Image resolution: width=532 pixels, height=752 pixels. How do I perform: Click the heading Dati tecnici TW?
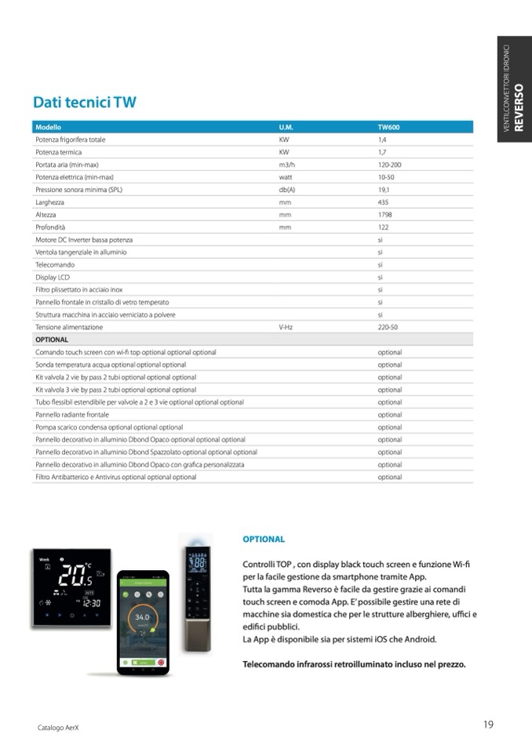pos(85,103)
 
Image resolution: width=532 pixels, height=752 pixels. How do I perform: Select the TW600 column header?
pos(389,126)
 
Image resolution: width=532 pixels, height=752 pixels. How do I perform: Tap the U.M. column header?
pos(286,126)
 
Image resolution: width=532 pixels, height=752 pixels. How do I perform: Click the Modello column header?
pos(49,126)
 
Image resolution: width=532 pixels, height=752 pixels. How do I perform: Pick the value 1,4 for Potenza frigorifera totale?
pos(382,140)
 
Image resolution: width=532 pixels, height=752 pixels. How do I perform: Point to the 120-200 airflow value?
pos(389,165)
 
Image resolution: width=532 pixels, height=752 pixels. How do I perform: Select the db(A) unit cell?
pos(286,190)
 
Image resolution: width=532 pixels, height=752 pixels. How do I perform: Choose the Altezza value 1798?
pos(384,214)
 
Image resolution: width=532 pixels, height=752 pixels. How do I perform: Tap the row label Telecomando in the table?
pos(55,264)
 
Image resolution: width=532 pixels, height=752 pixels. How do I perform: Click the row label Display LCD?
pos(53,277)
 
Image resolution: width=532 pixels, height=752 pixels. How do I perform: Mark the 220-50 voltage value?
pos(388,327)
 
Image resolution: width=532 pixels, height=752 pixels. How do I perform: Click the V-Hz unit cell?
pos(286,327)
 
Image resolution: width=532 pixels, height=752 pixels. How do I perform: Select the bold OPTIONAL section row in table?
pos(52,340)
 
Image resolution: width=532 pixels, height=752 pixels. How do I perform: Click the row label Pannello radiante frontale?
pos(72,415)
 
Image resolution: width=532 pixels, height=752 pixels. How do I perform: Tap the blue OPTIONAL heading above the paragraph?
pos(264,539)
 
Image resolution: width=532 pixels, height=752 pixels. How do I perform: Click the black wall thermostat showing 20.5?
pos(71,587)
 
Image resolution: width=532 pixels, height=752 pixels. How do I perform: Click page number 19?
pos(488,725)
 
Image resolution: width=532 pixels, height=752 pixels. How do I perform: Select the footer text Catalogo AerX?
pos(59,728)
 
